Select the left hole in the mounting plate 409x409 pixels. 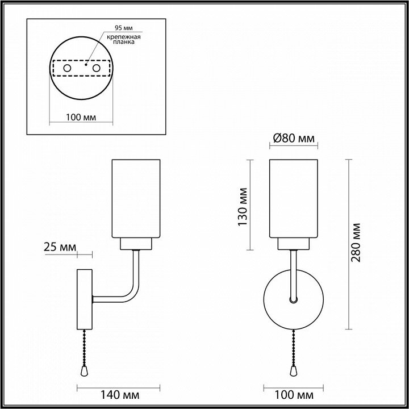click(x=68, y=68)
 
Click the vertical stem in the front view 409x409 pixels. click(x=293, y=273)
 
